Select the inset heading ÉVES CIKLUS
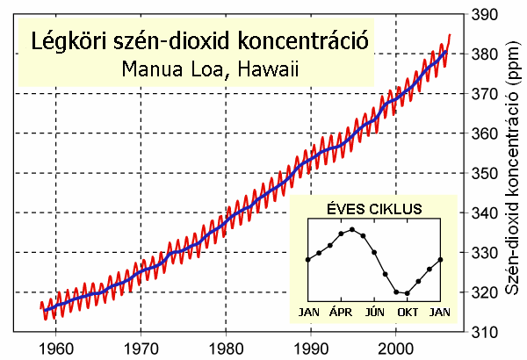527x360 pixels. [x=373, y=210]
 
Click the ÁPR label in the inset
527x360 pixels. [x=342, y=312]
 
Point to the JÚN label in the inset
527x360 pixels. [x=375, y=312]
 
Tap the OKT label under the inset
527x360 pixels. [x=408, y=312]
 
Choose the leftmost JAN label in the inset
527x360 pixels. [x=308, y=312]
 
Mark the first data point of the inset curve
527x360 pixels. [x=308, y=259]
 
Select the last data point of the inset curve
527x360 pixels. [x=440, y=259]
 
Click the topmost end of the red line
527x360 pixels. [x=450, y=35]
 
